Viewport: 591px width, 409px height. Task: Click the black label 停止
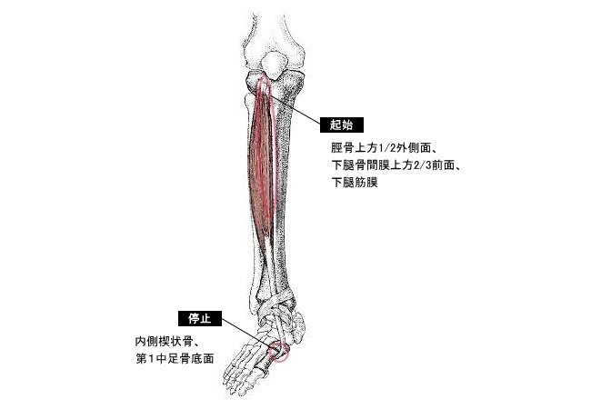[x=199, y=319]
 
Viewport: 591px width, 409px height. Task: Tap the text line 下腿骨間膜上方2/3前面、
[x=399, y=165]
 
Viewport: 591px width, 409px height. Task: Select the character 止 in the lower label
[x=205, y=319]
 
